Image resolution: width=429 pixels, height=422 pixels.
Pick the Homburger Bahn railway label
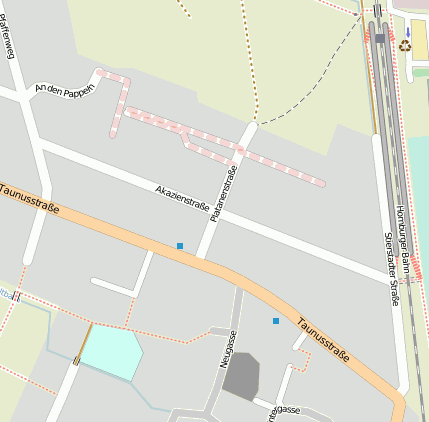[403, 241]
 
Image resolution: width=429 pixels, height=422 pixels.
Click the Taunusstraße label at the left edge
[28, 197]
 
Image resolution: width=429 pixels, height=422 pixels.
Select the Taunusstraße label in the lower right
[327, 340]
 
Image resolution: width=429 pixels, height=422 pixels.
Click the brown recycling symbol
[405, 45]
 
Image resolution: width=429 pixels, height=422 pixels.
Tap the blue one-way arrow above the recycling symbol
[407, 31]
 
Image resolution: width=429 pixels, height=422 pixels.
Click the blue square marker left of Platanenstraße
[180, 246]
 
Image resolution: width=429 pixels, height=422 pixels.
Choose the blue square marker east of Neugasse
[276, 321]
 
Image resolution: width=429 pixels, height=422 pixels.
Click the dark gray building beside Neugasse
[241, 377]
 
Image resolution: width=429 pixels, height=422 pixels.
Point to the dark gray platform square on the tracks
[380, 38]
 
